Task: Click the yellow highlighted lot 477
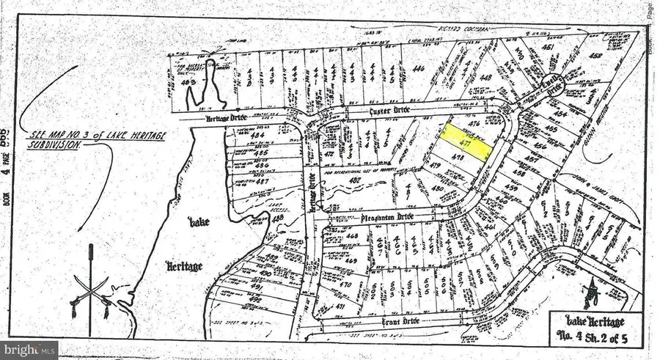466,142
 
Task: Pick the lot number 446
419,68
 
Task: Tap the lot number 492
254,299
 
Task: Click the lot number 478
459,158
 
